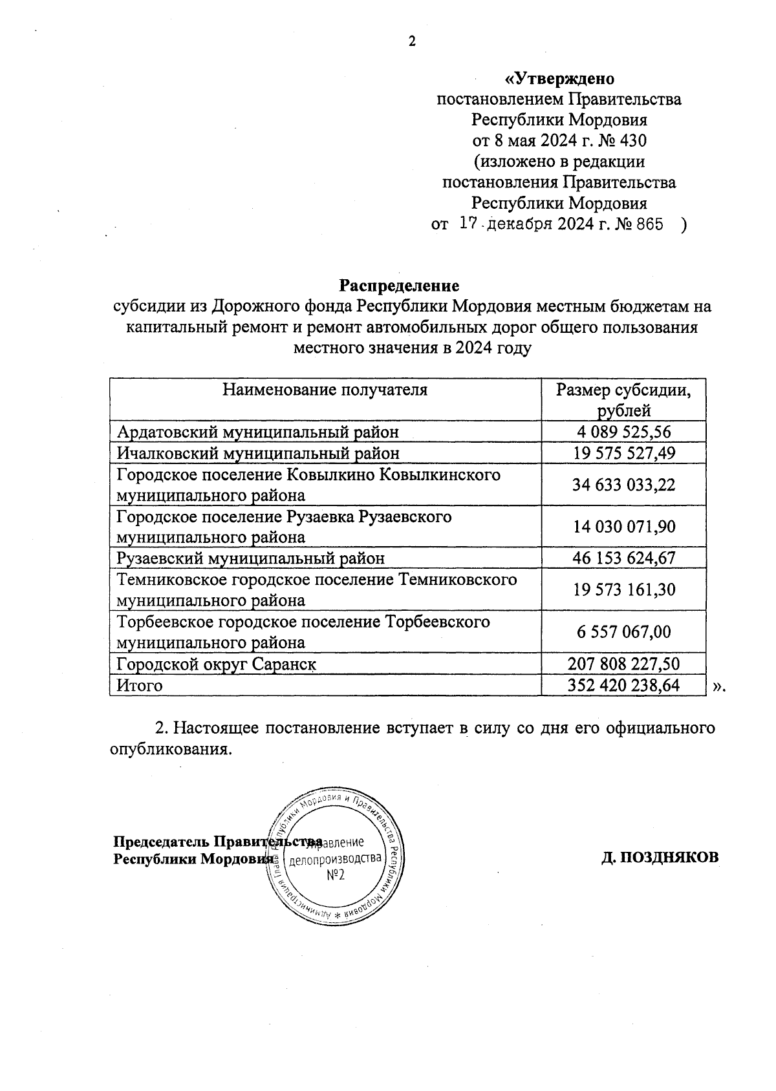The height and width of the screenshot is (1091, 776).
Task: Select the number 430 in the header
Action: click(x=631, y=141)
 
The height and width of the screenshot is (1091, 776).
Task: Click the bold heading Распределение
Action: click(x=399, y=285)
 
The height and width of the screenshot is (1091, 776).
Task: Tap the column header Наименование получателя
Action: click(x=325, y=390)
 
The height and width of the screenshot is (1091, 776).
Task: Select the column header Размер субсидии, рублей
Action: click(x=623, y=400)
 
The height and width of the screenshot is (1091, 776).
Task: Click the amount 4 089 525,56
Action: click(x=624, y=432)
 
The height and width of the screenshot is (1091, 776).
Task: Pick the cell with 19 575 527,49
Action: click(x=624, y=453)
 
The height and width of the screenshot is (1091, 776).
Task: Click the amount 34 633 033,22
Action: click(x=624, y=485)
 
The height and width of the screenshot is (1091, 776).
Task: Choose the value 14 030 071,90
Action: click(x=624, y=527)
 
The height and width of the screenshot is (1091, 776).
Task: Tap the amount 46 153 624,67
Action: click(x=624, y=558)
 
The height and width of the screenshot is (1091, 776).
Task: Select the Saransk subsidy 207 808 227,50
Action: click(x=623, y=664)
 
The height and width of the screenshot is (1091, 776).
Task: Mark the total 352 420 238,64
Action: click(x=623, y=685)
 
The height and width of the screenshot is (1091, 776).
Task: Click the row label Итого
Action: click(x=139, y=685)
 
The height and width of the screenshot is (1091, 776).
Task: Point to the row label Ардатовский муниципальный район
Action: click(x=257, y=432)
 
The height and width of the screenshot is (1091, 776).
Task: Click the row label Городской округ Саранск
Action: click(x=216, y=664)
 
